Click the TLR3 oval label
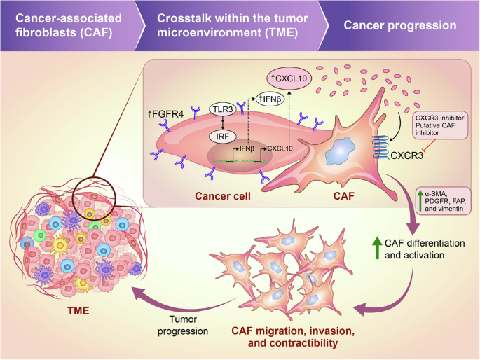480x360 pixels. point(222,110)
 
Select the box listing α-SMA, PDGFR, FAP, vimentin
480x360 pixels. point(445,204)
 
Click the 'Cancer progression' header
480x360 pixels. point(400,26)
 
